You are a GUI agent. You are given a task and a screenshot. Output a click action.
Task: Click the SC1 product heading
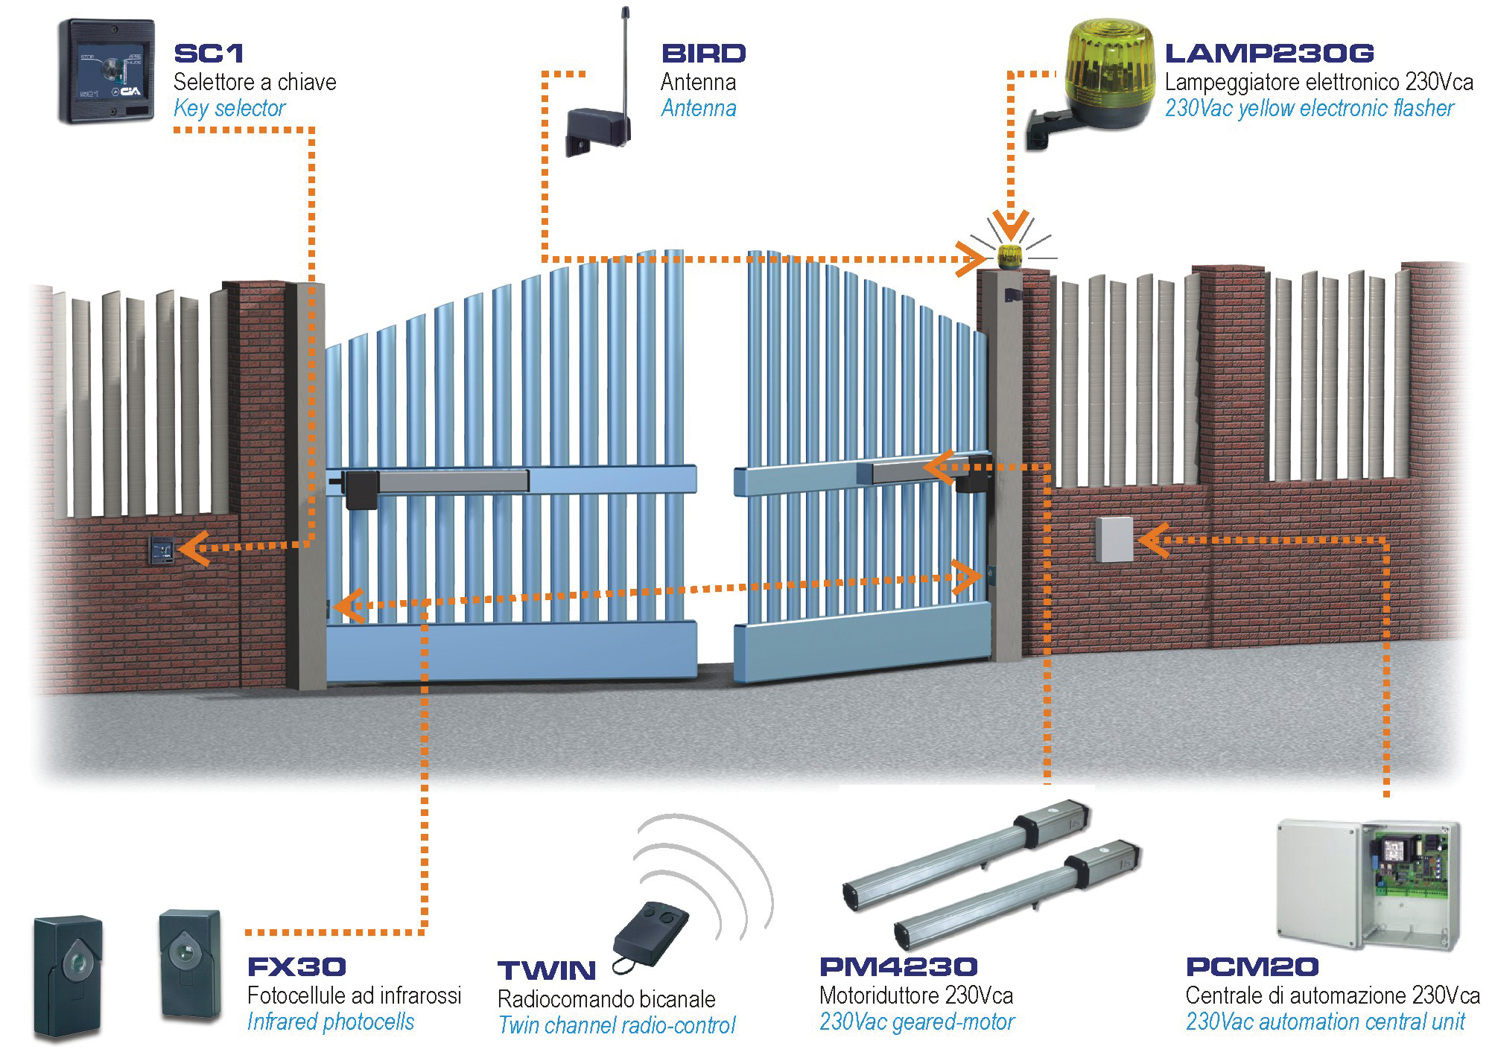click(x=209, y=54)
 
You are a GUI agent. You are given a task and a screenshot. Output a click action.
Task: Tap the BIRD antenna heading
click(x=703, y=54)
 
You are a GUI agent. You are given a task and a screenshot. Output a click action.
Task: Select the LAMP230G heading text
click(x=1269, y=54)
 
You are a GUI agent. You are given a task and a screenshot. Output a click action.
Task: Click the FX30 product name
click(x=296, y=967)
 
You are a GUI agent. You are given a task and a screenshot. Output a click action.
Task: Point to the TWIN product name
click(x=547, y=971)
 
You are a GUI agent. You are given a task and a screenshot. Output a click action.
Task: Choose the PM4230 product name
click(x=898, y=967)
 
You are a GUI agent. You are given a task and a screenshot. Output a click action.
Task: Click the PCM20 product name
click(x=1251, y=967)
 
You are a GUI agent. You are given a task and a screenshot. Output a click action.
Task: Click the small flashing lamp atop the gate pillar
click(x=1010, y=255)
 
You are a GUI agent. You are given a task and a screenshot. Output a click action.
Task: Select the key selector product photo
click(x=107, y=71)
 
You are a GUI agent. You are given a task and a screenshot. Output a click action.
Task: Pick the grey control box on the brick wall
click(x=1114, y=539)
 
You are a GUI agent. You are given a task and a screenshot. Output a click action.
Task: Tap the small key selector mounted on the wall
click(x=162, y=550)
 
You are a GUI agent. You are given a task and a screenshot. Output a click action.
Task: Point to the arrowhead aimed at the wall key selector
click(x=193, y=549)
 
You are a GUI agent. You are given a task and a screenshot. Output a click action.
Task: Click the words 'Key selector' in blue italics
click(x=229, y=109)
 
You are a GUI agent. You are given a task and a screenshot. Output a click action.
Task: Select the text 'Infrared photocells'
click(x=330, y=1021)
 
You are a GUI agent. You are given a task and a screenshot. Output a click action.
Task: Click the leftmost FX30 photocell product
click(x=67, y=975)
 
